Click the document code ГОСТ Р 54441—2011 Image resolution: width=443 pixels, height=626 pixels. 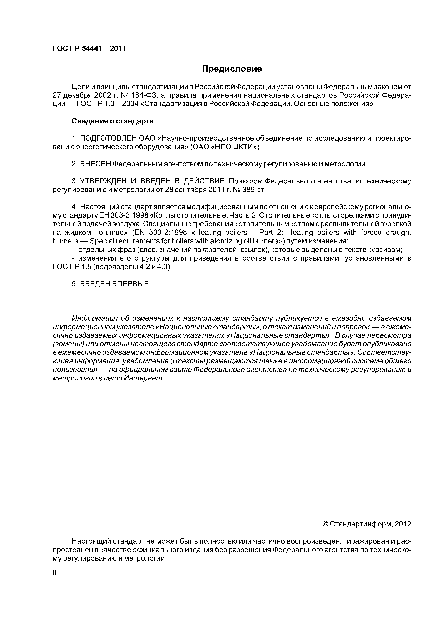coord(89,49)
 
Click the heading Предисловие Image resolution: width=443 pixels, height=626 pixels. coord(232,69)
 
